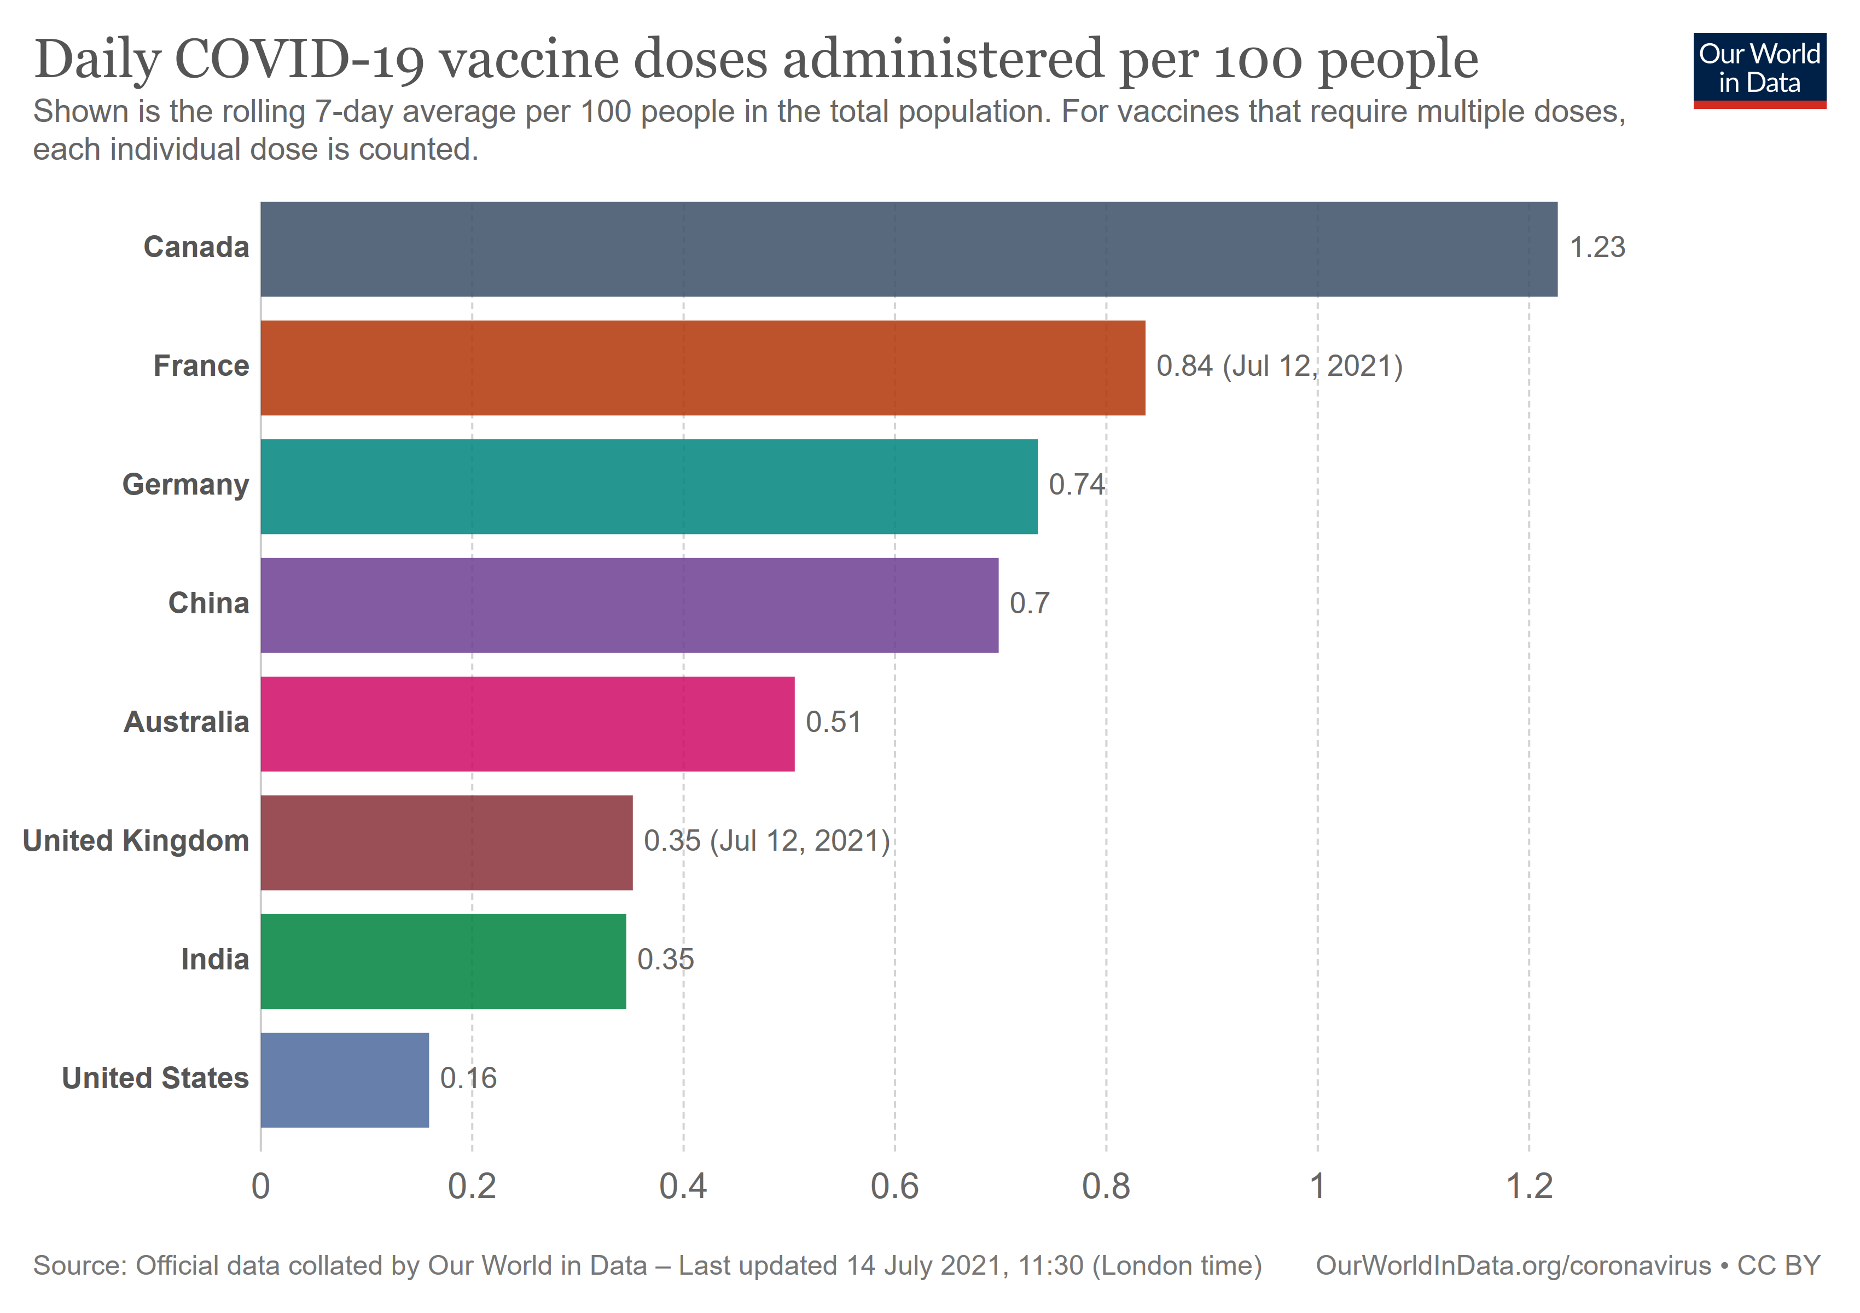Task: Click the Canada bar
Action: click(x=908, y=249)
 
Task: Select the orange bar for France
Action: click(x=702, y=368)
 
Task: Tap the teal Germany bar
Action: click(x=649, y=486)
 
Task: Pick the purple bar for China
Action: click(x=630, y=605)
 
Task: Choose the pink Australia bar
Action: click(x=527, y=723)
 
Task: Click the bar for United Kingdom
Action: click(x=446, y=843)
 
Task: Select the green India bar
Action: click(x=443, y=961)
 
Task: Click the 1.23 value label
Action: click(x=1597, y=247)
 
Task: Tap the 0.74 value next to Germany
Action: click(x=1077, y=484)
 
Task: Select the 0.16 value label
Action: click(x=468, y=1078)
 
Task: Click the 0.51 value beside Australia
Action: click(x=833, y=722)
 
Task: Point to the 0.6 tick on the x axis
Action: click(x=894, y=1187)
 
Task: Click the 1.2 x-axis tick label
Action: click(x=1528, y=1187)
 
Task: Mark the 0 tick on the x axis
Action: click(x=261, y=1187)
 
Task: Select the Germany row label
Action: click(x=185, y=484)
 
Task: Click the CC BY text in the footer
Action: click(x=1779, y=1265)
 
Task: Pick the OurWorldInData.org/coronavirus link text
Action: click(x=1513, y=1265)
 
